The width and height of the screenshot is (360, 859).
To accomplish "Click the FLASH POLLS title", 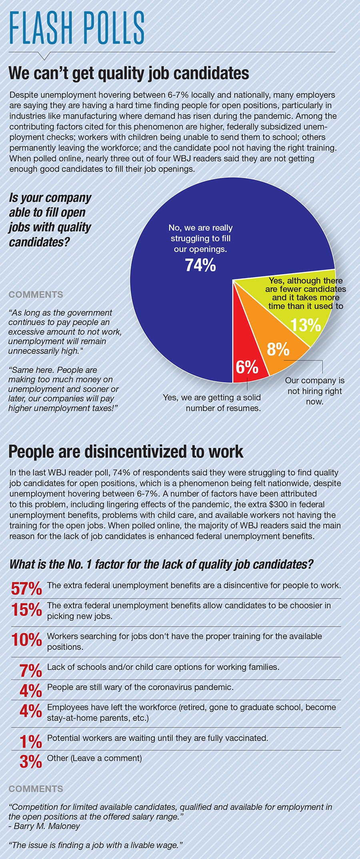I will (76, 28).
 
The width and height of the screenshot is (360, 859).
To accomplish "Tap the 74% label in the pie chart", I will (200, 265).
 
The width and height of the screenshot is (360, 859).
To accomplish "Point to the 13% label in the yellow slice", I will (306, 325).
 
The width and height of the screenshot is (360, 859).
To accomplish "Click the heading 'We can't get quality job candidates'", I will (129, 74).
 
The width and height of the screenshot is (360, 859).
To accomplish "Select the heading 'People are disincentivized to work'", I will (126, 451).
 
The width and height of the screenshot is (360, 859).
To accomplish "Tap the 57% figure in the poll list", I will (26, 589).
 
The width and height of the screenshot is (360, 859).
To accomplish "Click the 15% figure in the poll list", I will (26, 610).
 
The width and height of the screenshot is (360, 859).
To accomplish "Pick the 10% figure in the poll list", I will (26, 640).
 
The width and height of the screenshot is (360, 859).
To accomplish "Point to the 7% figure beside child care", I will (30, 671).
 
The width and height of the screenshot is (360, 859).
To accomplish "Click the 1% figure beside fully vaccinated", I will (30, 742).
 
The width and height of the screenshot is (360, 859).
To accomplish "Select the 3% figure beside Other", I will (30, 762).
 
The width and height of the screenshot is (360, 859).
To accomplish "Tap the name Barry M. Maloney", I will (47, 826).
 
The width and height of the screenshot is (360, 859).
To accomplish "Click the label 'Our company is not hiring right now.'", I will (314, 391).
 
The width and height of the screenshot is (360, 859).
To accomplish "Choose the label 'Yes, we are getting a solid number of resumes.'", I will (212, 403).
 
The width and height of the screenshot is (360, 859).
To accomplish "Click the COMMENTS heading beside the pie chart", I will (36, 295).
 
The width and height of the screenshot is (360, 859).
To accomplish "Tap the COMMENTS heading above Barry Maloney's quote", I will (36, 789).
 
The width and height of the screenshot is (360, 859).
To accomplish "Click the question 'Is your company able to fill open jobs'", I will (50, 220).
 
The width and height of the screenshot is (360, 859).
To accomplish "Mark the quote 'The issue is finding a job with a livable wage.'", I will (96, 845).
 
